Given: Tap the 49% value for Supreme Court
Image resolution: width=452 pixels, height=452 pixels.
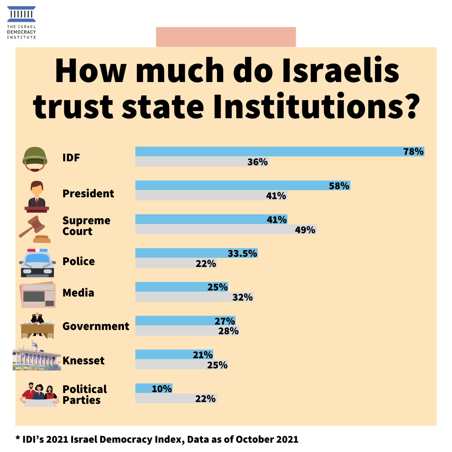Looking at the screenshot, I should tap(305, 230).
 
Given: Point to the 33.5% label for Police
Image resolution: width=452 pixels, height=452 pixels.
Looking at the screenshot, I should tap(242, 253).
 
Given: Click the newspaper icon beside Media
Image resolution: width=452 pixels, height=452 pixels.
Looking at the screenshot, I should tap(38, 295).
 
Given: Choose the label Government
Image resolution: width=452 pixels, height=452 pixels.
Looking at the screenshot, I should tap(96, 326).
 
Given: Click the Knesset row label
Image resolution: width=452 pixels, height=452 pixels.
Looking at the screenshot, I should tap(83, 360).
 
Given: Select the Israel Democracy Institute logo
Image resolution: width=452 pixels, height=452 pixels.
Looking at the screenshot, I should tap(21, 23).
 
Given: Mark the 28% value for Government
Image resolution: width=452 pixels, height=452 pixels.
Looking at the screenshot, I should tap(228, 331).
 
